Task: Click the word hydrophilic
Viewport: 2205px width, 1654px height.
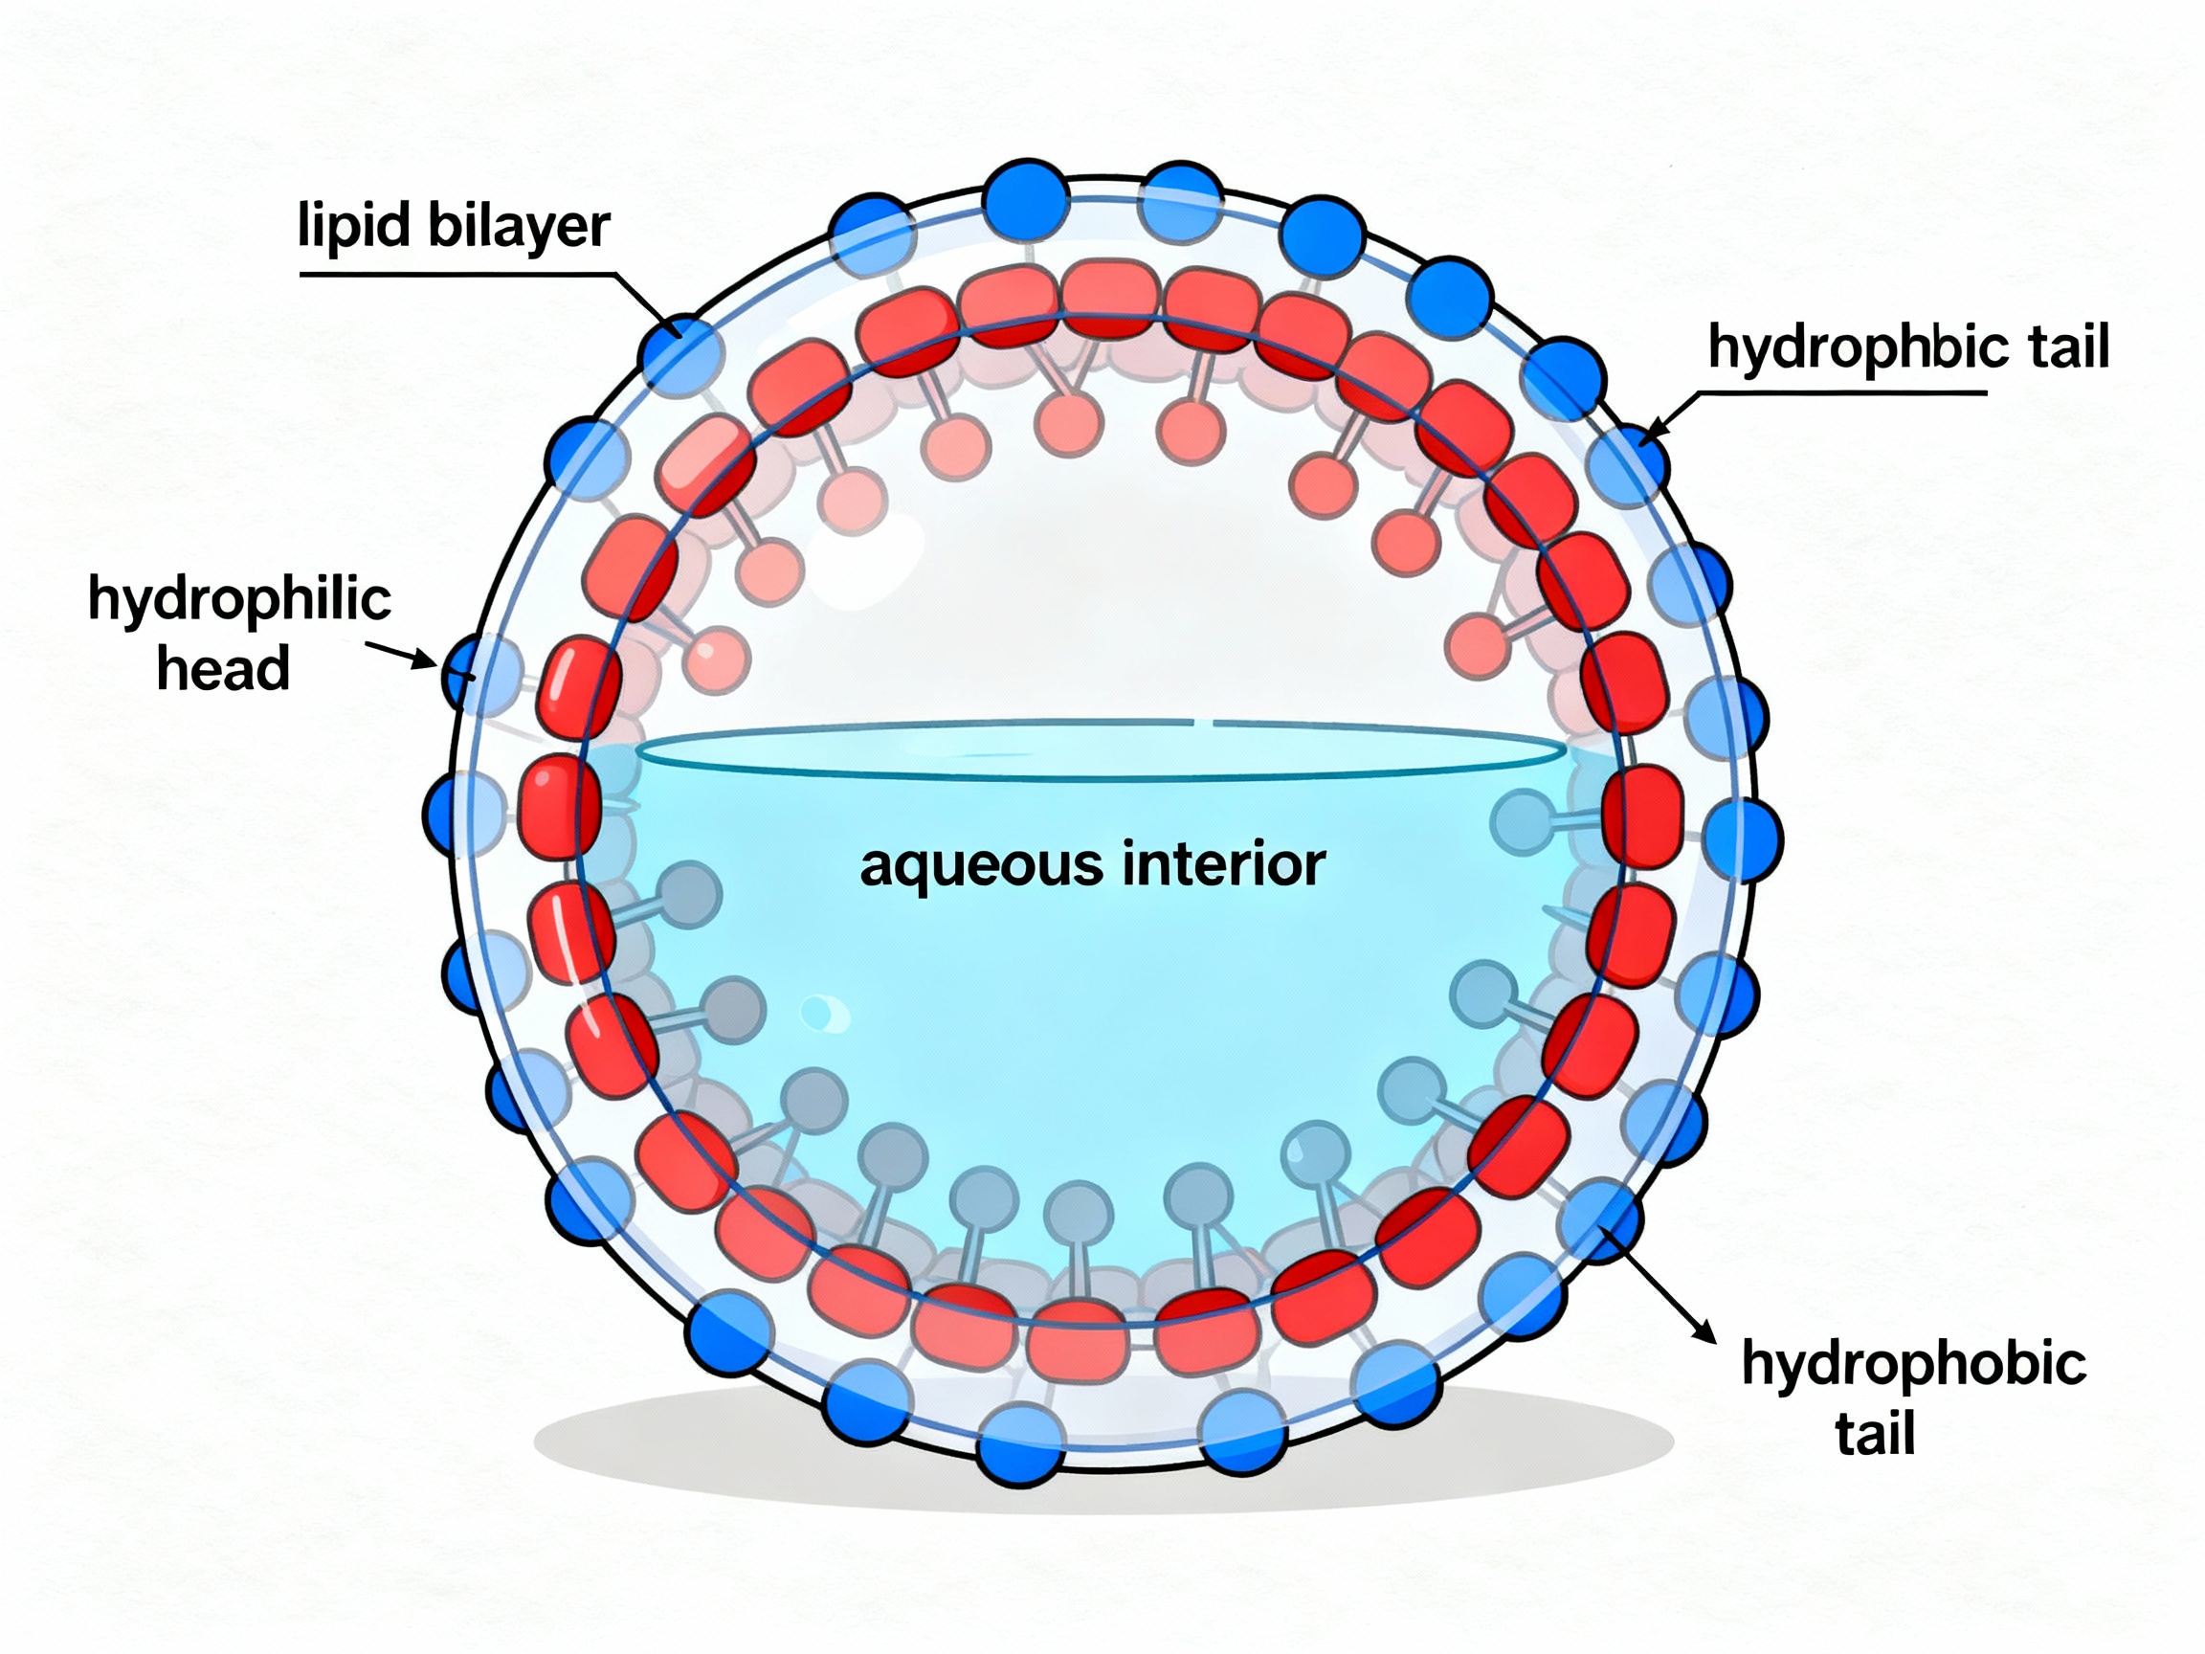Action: [239, 601]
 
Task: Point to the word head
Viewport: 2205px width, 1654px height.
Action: [223, 669]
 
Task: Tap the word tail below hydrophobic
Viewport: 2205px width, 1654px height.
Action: [1874, 1435]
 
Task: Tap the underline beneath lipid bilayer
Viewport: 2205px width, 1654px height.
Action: [458, 274]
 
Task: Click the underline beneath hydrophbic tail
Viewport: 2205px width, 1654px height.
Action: [1844, 392]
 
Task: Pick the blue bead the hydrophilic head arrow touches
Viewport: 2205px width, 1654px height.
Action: [466, 673]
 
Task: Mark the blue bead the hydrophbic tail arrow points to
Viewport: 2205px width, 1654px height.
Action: [1627, 463]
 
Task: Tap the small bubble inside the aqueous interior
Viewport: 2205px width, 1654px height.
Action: [822, 1013]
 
